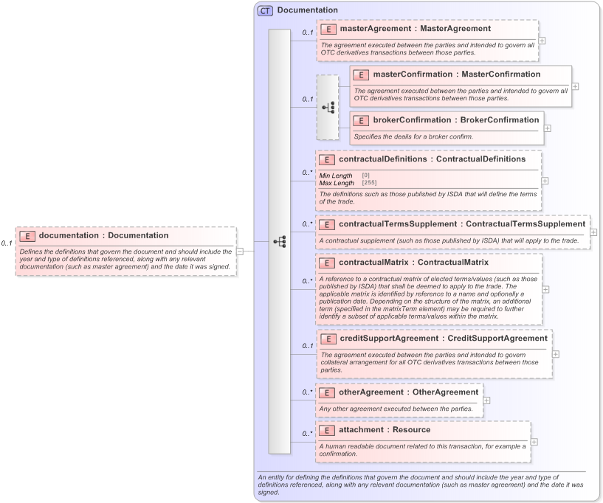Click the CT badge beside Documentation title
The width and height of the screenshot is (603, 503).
point(265,10)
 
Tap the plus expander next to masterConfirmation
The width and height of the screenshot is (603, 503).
point(575,86)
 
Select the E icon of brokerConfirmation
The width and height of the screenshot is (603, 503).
point(361,120)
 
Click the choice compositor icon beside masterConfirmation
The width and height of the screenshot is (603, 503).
point(328,108)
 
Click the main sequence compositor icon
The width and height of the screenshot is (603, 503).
point(280,241)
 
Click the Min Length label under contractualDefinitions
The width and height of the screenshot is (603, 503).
point(336,176)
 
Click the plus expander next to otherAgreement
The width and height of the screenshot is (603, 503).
point(486,400)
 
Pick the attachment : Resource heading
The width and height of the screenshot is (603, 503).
point(385,429)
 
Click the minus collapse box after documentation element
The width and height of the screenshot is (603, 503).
point(240,251)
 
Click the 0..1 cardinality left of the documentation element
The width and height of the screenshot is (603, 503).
point(6,243)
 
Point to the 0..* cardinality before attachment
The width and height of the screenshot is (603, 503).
point(306,433)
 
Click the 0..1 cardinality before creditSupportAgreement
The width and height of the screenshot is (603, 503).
point(306,345)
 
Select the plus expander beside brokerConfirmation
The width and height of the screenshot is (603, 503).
point(547,128)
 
